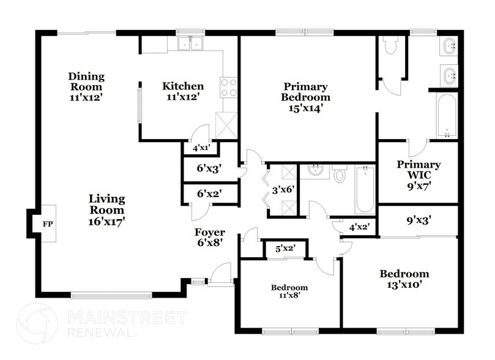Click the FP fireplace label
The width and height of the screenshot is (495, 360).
click(47, 223)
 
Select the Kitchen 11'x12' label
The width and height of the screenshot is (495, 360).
click(182, 91)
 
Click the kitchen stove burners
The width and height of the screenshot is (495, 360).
click(228, 87)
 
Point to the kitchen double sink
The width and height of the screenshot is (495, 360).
click(190, 43)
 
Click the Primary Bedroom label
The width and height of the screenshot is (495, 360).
click(305, 97)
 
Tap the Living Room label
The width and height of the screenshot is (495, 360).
click(106, 210)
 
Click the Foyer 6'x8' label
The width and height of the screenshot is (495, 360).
click(209, 237)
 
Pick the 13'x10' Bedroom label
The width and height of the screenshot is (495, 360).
click(404, 279)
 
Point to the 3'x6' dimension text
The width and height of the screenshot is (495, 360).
click(284, 190)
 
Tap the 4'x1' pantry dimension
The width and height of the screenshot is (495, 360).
click(201, 148)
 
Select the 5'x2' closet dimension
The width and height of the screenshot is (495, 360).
click(285, 249)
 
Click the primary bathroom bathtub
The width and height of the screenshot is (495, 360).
click(447, 116)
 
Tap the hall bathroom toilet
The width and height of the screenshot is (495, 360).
click(340, 174)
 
